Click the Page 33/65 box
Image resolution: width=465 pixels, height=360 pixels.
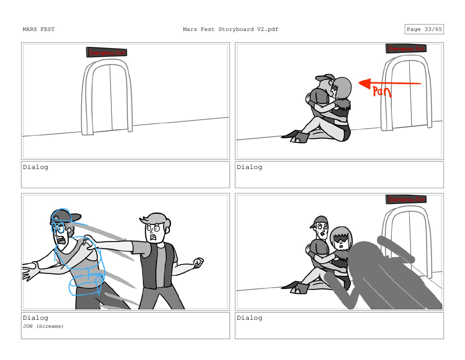(424, 29)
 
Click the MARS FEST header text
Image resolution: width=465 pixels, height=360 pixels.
(39, 29)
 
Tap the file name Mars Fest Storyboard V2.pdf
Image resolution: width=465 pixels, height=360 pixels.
(230, 29)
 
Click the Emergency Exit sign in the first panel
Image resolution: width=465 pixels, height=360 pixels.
(107, 52)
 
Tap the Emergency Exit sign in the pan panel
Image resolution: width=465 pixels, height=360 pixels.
(406, 48)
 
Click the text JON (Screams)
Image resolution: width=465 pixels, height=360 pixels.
(43, 326)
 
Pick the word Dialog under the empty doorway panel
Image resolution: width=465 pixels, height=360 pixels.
(36, 167)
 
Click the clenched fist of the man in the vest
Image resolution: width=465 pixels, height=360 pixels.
(198, 263)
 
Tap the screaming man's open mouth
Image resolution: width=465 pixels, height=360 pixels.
(61, 240)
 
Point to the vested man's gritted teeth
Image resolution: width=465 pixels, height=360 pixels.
(153, 237)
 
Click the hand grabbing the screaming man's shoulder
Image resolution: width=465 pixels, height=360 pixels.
(89, 242)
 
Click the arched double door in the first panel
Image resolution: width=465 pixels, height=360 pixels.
(107, 97)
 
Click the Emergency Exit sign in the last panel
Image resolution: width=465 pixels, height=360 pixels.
(406, 199)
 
